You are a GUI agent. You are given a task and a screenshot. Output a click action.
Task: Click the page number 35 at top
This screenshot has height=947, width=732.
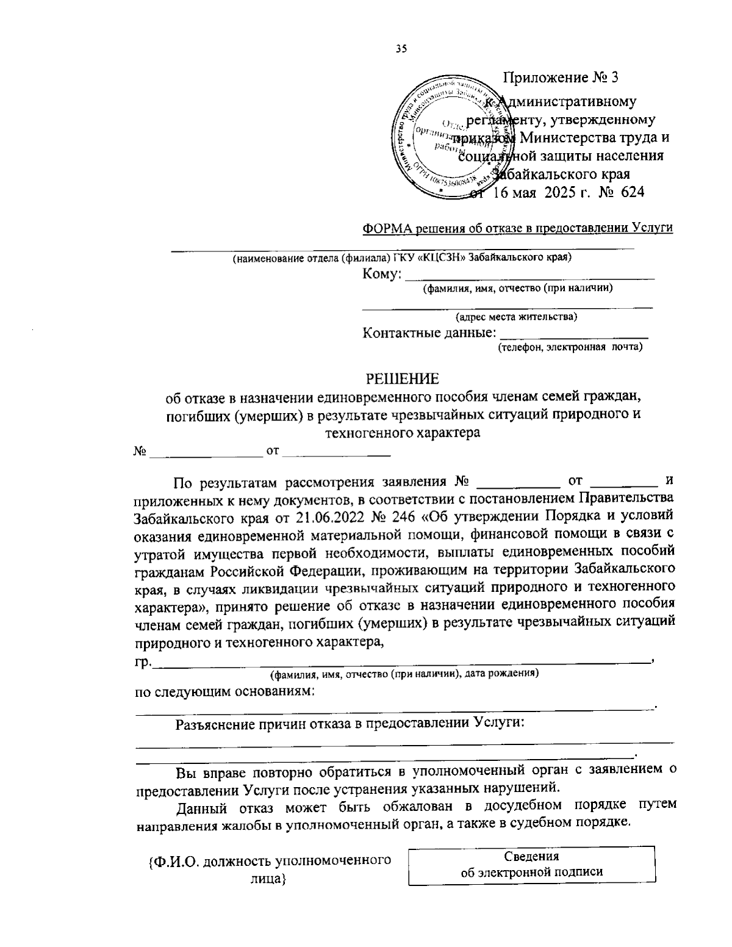click(x=401, y=49)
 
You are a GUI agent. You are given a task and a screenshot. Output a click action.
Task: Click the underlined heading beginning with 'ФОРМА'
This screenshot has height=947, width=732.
click(x=517, y=228)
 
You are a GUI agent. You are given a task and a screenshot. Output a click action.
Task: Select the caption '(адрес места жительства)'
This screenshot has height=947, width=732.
click(x=516, y=317)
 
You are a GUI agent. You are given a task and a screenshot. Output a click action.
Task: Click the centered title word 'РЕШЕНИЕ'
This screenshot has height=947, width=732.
click(x=401, y=379)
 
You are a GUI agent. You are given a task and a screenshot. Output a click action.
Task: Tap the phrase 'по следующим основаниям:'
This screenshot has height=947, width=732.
click(x=224, y=691)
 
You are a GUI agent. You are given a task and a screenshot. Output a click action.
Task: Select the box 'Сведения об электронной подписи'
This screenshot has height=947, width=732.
click(x=531, y=864)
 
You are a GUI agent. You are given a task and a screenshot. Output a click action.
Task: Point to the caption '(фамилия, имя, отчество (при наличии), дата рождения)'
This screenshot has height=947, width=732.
click(x=404, y=674)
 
